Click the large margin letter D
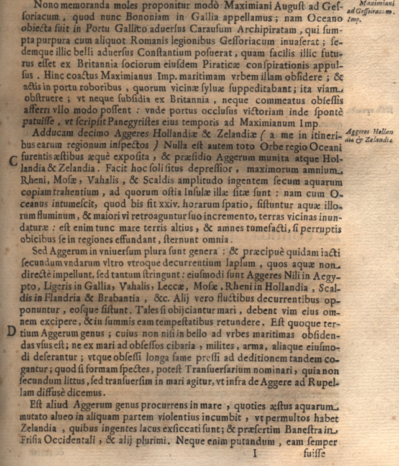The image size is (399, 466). click(x=11, y=331)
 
